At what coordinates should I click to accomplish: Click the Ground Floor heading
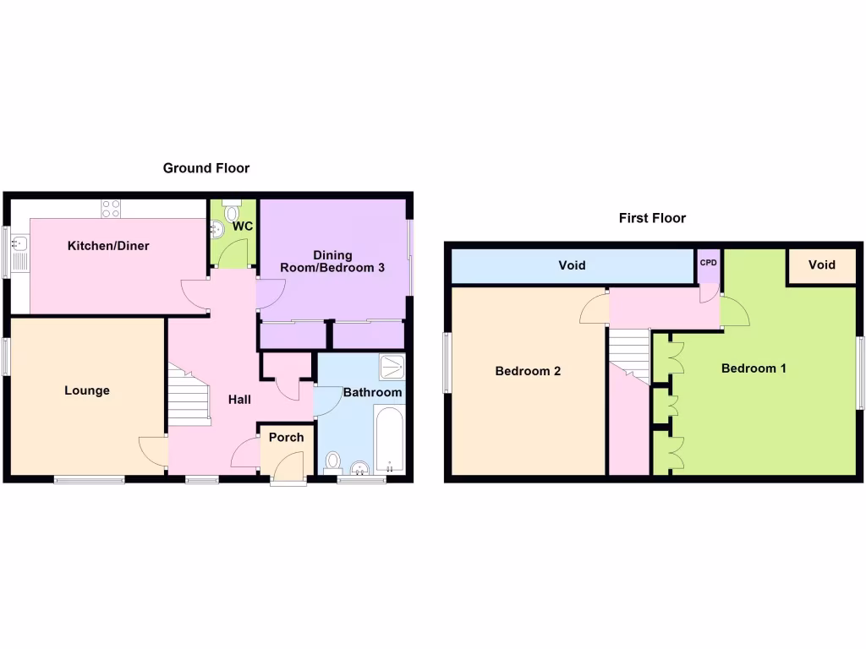206,168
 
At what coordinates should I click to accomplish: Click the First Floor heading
652,218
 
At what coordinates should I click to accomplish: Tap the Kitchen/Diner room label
108,246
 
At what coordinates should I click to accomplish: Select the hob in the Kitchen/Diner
112,204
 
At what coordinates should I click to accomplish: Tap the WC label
243,226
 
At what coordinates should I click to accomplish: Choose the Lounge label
87,390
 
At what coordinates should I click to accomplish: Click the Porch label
286,437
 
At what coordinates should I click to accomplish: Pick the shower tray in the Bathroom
392,367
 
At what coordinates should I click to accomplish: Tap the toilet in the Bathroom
333,462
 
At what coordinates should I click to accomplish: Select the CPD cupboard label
708,263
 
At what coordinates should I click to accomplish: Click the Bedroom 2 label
528,371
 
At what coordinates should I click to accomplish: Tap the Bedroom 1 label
754,368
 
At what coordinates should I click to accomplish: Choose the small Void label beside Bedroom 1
821,265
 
